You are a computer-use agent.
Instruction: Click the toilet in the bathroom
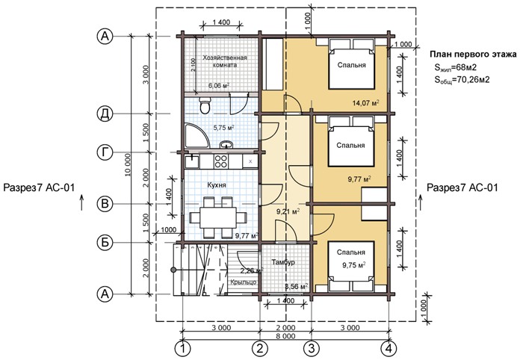[x=205, y=105]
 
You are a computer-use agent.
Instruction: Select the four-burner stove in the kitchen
[x=220, y=162]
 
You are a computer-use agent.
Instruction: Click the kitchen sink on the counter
[x=191, y=162]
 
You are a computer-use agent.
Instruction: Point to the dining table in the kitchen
[x=217, y=217]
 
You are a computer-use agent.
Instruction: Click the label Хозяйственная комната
[x=225, y=61]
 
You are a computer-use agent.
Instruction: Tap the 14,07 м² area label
[x=366, y=103]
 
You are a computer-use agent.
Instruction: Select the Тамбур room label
[x=283, y=262]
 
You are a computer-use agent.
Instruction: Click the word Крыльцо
[x=244, y=282]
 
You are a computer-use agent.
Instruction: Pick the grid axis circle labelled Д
[x=105, y=114]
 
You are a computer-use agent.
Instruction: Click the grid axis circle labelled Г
[x=105, y=152]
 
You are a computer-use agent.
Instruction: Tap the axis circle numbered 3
[x=312, y=348]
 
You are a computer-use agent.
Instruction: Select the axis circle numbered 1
[x=182, y=348]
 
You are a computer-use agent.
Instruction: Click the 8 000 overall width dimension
[x=285, y=336]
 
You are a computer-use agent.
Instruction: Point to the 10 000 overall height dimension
[x=129, y=165]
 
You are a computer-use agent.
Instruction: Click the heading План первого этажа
[x=473, y=54]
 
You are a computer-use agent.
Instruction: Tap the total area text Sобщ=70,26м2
[x=462, y=80]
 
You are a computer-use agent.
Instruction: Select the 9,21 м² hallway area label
[x=288, y=211]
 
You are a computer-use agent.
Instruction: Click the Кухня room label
[x=217, y=185]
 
